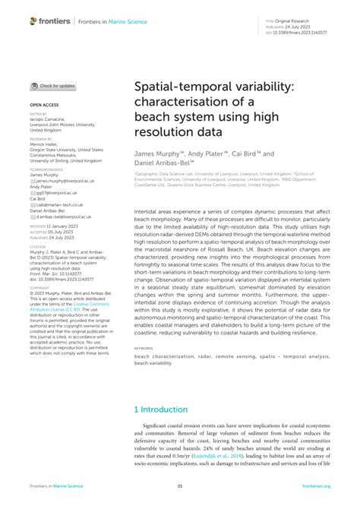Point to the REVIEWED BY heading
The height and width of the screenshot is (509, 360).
(x=41, y=140)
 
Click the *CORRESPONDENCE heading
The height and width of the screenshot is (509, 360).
(x=46, y=169)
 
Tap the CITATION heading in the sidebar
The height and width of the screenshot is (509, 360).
(x=39, y=247)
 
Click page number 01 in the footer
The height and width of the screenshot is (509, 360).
(x=180, y=485)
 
